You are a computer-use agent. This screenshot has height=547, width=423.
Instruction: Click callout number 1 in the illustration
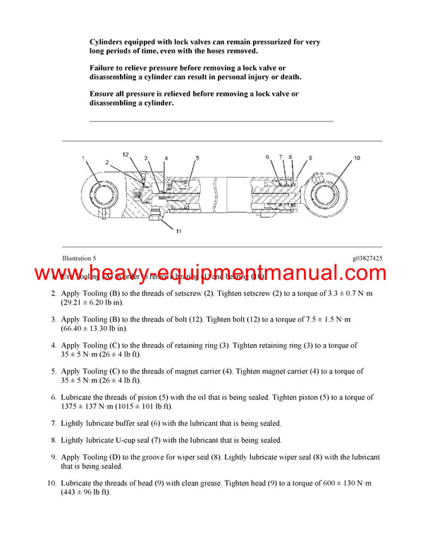(x=82, y=158)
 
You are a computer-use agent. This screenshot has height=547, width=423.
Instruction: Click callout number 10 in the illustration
(x=357, y=158)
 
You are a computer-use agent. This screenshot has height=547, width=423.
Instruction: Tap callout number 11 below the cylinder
(x=179, y=231)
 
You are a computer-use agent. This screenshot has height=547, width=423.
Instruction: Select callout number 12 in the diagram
(x=125, y=154)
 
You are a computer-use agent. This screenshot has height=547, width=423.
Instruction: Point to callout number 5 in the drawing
(x=197, y=158)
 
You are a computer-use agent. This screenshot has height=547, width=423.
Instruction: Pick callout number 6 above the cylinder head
(x=268, y=156)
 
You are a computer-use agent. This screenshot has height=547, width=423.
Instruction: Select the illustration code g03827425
(x=367, y=259)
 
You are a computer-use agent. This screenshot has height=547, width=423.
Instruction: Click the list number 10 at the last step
(x=51, y=483)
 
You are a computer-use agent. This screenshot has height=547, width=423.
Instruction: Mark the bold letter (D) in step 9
(x=137, y=457)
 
